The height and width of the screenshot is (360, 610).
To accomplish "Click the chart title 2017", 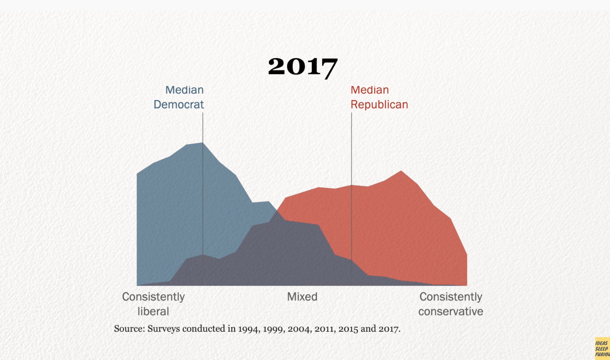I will [x=303, y=67].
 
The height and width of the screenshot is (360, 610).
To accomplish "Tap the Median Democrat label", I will [x=179, y=97].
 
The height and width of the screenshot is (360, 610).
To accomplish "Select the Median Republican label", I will [x=379, y=97].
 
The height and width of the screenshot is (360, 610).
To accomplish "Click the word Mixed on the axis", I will [x=302, y=297].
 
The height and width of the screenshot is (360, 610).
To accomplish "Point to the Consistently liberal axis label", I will [x=153, y=304].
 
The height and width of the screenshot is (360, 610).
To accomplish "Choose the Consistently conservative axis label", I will [x=451, y=304].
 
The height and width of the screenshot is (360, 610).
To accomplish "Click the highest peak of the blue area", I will [x=203, y=143].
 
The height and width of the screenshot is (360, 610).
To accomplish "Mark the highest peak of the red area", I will [x=401, y=171].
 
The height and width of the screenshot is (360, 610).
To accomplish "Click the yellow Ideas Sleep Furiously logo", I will [x=602, y=348].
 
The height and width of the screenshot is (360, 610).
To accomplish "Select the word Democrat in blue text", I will [x=179, y=104].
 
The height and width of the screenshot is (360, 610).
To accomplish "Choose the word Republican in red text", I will [x=379, y=104].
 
